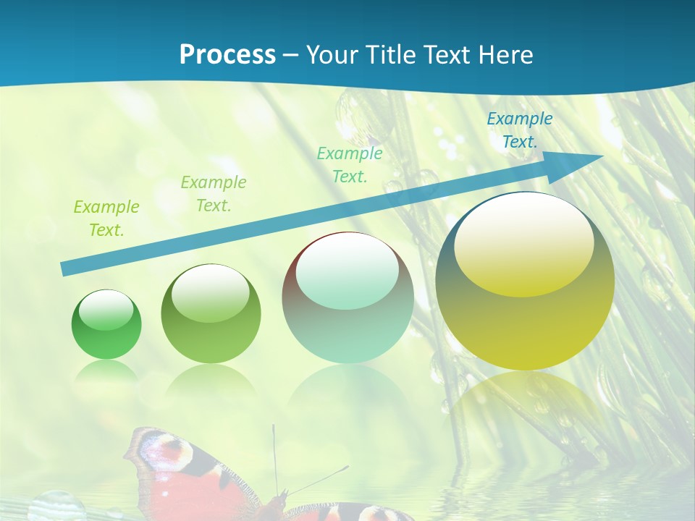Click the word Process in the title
point(227,55)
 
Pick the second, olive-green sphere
point(211,314)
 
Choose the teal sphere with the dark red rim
point(347,298)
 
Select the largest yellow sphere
point(525,282)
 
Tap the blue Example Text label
point(519,130)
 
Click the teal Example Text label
point(350,164)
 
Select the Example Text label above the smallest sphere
point(106,219)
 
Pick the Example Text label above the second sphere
point(213,193)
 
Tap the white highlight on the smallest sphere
point(106,310)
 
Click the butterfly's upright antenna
point(274,456)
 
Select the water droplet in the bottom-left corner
point(56,506)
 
